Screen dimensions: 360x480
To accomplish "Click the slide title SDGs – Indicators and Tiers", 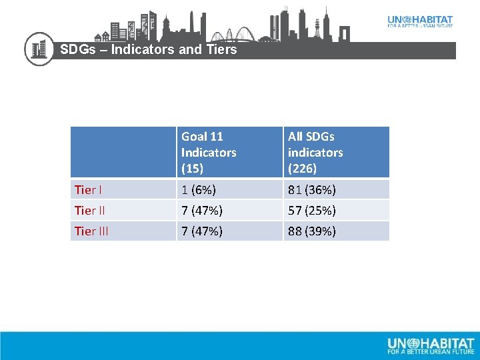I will coord(148,49).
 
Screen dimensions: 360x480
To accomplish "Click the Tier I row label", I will coord(88,190).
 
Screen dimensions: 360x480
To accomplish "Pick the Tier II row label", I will coord(90,211).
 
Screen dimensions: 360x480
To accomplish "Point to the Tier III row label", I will coord(92,231).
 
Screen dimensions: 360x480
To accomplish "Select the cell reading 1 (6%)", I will coord(199,190).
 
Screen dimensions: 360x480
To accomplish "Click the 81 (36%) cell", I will coord(312,190).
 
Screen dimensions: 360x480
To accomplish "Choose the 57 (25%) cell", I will coord(312,211).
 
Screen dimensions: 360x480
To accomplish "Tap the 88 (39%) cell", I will coord(312,231).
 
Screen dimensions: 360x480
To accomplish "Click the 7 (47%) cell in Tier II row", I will coord(202,211).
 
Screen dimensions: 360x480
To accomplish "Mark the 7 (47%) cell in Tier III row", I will coord(202,231).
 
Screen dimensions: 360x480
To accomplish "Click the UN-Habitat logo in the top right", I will coord(420,21).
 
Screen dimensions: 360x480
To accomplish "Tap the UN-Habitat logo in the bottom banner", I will coord(431,345).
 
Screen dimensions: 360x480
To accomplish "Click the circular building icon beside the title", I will coord(39,49).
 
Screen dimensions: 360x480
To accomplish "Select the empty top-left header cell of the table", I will coord(123,152).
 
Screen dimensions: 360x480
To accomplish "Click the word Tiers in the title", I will coord(221,49).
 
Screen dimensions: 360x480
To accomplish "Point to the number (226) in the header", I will coord(302,169).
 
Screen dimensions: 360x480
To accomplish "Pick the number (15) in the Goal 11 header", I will coord(193,169).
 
